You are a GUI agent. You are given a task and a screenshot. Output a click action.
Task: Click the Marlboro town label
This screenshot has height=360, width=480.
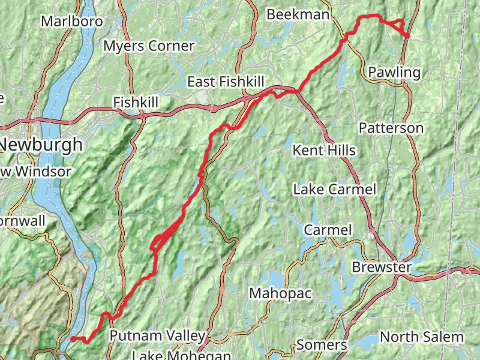(x=72, y=22)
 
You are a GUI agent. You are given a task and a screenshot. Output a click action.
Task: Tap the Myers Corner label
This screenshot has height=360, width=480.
(x=149, y=46)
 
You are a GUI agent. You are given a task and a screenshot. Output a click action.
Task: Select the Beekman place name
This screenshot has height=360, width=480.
(x=298, y=14)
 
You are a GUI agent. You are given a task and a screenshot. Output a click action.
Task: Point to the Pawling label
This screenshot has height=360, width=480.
(x=394, y=73)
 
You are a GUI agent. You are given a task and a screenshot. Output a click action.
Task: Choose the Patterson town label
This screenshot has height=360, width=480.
(x=391, y=128)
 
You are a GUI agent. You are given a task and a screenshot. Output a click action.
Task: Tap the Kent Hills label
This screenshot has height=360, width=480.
(x=324, y=151)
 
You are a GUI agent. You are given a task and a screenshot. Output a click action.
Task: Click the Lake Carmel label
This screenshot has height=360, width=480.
(x=334, y=190)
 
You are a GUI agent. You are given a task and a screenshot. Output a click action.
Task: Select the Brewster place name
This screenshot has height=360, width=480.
(x=382, y=267)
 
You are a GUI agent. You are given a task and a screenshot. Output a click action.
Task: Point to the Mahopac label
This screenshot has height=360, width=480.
(x=280, y=294)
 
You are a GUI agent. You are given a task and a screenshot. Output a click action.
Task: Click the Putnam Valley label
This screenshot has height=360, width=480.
(x=157, y=336)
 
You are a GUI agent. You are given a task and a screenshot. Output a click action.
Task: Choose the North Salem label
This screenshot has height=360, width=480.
(x=422, y=337)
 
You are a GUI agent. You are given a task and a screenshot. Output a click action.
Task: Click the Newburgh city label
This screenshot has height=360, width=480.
(x=41, y=145)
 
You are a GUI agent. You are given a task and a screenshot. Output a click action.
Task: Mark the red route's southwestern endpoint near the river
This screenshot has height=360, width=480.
(x=73, y=339)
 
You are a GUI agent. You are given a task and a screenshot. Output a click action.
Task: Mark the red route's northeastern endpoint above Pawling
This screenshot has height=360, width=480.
(x=408, y=37)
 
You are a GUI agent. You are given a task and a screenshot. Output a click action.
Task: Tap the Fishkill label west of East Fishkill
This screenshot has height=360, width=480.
(x=136, y=103)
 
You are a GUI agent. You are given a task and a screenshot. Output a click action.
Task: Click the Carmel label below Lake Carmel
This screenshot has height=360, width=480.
(x=328, y=230)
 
